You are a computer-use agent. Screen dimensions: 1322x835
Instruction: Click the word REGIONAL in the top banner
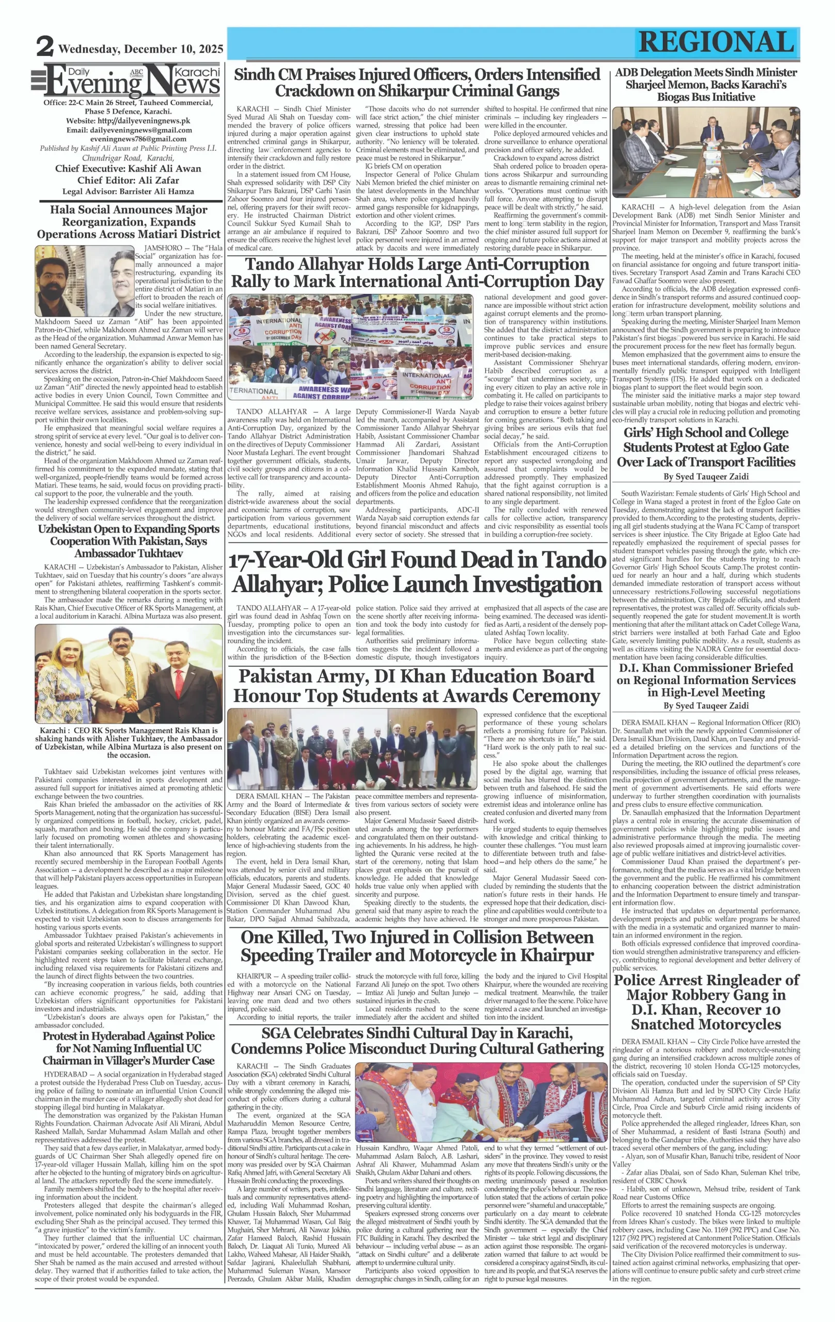[716, 42]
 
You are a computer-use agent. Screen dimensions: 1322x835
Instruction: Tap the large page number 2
[44, 46]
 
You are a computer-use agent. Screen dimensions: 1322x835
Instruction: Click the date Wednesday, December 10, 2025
[140, 49]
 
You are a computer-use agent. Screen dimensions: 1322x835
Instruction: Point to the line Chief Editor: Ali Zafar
[128, 180]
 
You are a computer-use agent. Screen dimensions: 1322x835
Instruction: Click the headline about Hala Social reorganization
[129, 222]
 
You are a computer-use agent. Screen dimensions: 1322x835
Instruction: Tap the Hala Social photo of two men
[85, 280]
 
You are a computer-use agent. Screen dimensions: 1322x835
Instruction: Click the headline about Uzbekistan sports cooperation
[129, 541]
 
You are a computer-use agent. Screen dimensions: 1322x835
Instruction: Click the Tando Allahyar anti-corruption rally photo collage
[350, 347]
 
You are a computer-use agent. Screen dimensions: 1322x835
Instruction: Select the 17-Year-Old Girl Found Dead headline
[417, 572]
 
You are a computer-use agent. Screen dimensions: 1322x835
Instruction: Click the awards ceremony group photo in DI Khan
[351, 748]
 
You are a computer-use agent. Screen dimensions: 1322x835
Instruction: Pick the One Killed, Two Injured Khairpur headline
[417, 946]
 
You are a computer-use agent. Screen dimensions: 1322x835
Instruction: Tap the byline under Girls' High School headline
[705, 477]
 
